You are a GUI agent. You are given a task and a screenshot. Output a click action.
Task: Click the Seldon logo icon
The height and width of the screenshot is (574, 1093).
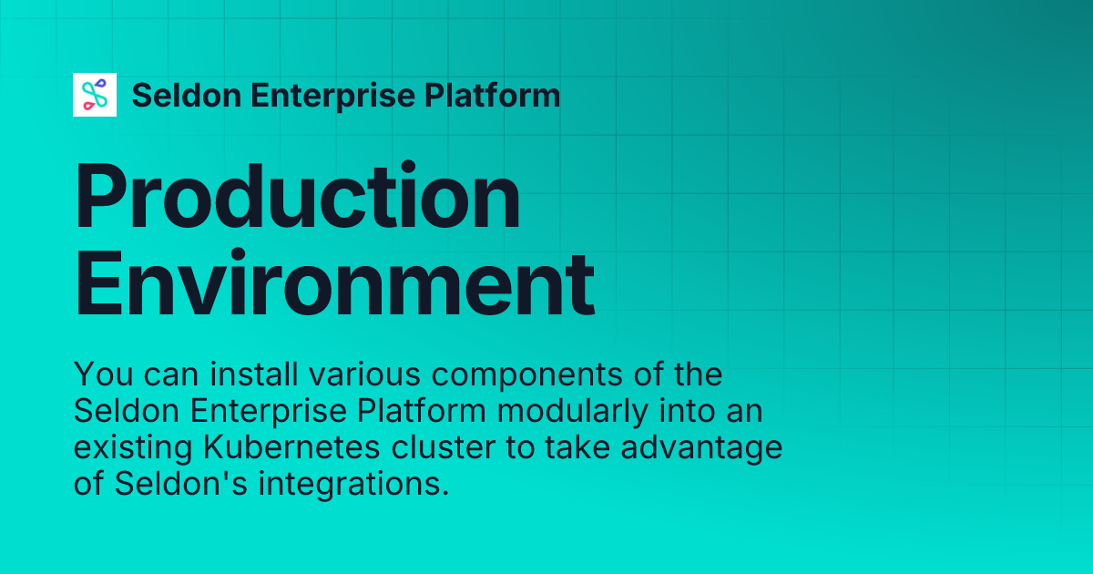[x=95, y=95]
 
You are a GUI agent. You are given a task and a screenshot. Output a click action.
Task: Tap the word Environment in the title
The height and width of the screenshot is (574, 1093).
[x=334, y=284]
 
